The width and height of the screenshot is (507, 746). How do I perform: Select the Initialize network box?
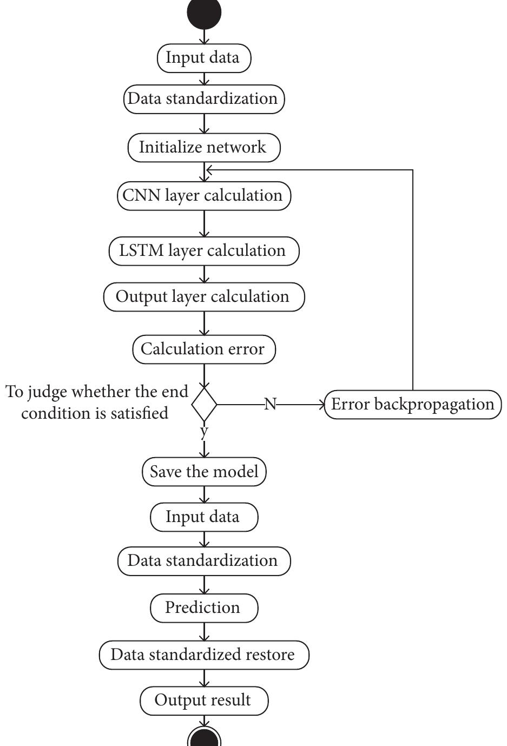click(x=204, y=148)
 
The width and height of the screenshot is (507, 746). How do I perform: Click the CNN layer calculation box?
click(x=204, y=196)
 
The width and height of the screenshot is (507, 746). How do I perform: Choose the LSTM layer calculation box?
click(x=204, y=251)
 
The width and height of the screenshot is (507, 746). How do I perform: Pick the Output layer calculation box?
click(x=204, y=297)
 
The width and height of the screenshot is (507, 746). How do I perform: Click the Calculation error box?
click(x=204, y=349)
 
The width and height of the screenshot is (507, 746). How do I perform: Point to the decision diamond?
click(x=204, y=404)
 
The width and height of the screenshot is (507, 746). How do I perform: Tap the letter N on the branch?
click(x=270, y=404)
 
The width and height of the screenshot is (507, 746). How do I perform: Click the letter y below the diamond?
click(x=204, y=432)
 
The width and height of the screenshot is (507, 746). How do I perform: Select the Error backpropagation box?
click(x=413, y=405)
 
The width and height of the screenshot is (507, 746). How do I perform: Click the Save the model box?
click(x=204, y=472)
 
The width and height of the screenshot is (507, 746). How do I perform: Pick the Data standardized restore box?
click(x=204, y=655)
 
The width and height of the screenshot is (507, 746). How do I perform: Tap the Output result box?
click(x=204, y=701)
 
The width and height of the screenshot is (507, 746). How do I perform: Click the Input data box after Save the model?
click(x=204, y=517)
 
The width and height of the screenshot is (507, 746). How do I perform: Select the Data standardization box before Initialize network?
click(x=204, y=99)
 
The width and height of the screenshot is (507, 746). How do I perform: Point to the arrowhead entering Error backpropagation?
click(x=322, y=404)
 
